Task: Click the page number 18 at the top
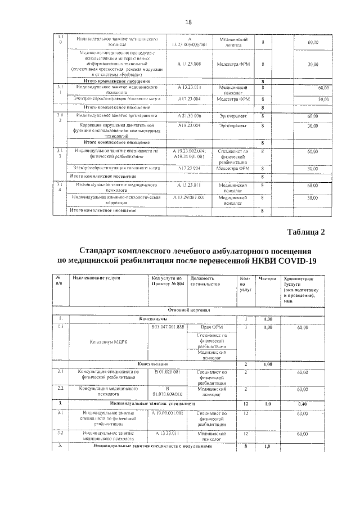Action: (x=188, y=22)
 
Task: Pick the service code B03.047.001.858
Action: (x=168, y=327)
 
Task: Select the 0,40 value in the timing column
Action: (x=302, y=403)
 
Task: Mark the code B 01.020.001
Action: (x=168, y=372)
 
